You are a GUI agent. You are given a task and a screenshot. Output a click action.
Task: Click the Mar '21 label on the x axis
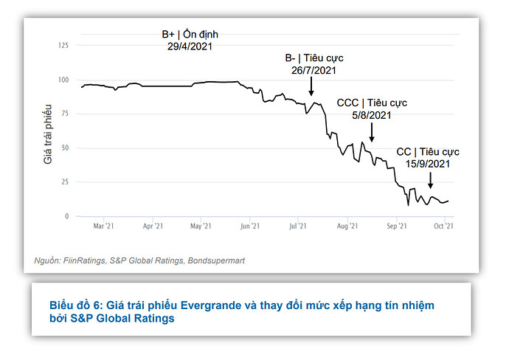tap(104, 226)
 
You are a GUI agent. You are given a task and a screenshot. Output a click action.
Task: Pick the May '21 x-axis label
tap(201, 226)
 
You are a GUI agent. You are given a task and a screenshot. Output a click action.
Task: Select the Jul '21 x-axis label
tap(297, 226)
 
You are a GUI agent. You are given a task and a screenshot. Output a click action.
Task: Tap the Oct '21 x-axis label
tap(443, 226)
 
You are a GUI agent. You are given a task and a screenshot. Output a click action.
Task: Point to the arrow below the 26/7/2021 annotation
tap(311, 87)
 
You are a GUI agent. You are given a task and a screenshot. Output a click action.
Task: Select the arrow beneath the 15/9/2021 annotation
tap(430, 180)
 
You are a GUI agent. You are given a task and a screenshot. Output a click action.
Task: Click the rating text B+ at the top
tap(169, 35)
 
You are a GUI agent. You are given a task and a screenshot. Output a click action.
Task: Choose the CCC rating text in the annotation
tap(347, 103)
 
